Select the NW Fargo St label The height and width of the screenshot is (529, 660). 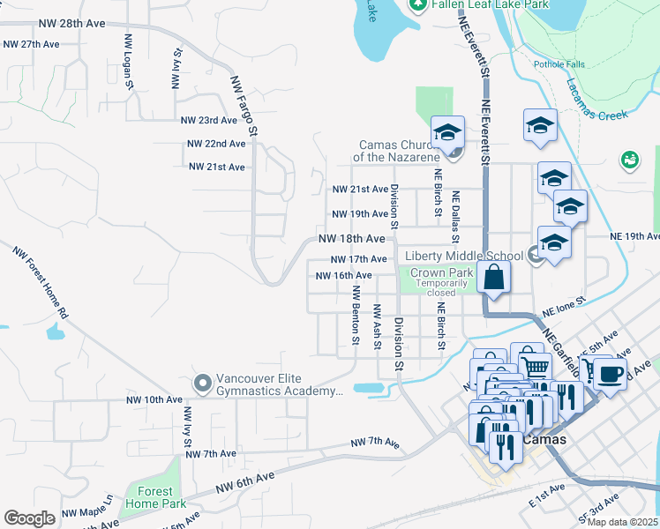tap(244, 104)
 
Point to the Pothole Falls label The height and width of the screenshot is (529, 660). tap(559, 64)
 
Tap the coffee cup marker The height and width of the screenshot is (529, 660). tap(610, 374)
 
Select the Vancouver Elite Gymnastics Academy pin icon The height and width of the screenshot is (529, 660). tap(202, 383)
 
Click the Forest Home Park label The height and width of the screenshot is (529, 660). tap(156, 497)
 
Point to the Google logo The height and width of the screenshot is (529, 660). tap(29, 518)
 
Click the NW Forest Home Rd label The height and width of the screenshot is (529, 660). tap(41, 281)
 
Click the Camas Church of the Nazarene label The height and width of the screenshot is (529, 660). tap(400, 151)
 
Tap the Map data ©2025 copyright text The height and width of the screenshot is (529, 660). tap(622, 522)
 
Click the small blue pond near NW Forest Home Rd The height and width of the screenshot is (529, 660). tap(56, 332)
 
